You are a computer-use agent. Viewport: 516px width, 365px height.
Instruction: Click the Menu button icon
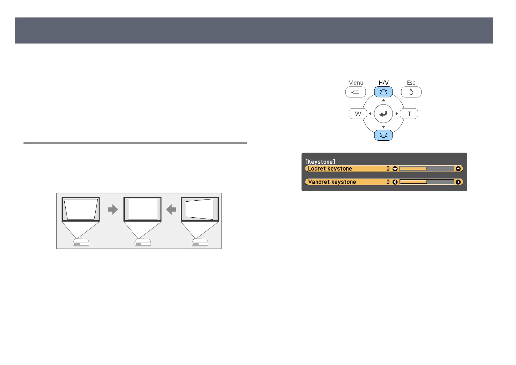355,92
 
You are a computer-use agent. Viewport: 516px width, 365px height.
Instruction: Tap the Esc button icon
411,92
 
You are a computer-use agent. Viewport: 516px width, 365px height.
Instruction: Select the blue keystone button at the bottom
383,135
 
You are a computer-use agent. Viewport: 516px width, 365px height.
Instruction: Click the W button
358,114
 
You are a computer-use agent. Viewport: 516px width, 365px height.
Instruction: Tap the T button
409,114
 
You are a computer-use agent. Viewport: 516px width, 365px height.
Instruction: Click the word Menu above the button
355,83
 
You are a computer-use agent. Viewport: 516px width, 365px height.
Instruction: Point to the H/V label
383,83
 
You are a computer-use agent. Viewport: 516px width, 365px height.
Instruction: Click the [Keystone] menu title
320,162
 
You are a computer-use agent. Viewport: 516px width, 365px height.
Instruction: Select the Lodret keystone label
330,169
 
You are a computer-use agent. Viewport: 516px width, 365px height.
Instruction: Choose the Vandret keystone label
332,182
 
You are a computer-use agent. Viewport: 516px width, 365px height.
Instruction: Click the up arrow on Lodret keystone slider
458,169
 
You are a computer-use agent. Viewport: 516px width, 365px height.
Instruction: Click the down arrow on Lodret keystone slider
395,169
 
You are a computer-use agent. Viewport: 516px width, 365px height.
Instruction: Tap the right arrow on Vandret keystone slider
458,182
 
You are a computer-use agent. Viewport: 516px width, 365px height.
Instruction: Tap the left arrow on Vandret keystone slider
395,182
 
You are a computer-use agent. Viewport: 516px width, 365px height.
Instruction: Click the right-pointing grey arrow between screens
113,210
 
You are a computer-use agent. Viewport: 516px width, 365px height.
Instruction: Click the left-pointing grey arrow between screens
171,210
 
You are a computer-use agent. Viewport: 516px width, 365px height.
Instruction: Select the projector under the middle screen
143,242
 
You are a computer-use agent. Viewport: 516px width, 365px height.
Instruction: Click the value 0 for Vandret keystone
388,182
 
